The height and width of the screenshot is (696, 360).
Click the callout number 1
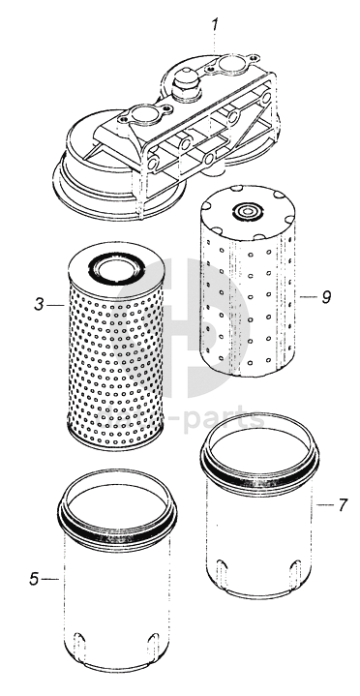215,25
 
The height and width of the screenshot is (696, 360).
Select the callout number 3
40,305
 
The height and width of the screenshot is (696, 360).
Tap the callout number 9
326,297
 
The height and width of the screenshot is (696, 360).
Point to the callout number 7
342,504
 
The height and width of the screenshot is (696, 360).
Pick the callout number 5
34,579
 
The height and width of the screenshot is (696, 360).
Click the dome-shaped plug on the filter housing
187,82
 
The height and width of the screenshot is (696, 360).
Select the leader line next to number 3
55,305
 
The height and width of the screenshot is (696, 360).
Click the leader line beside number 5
50,579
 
